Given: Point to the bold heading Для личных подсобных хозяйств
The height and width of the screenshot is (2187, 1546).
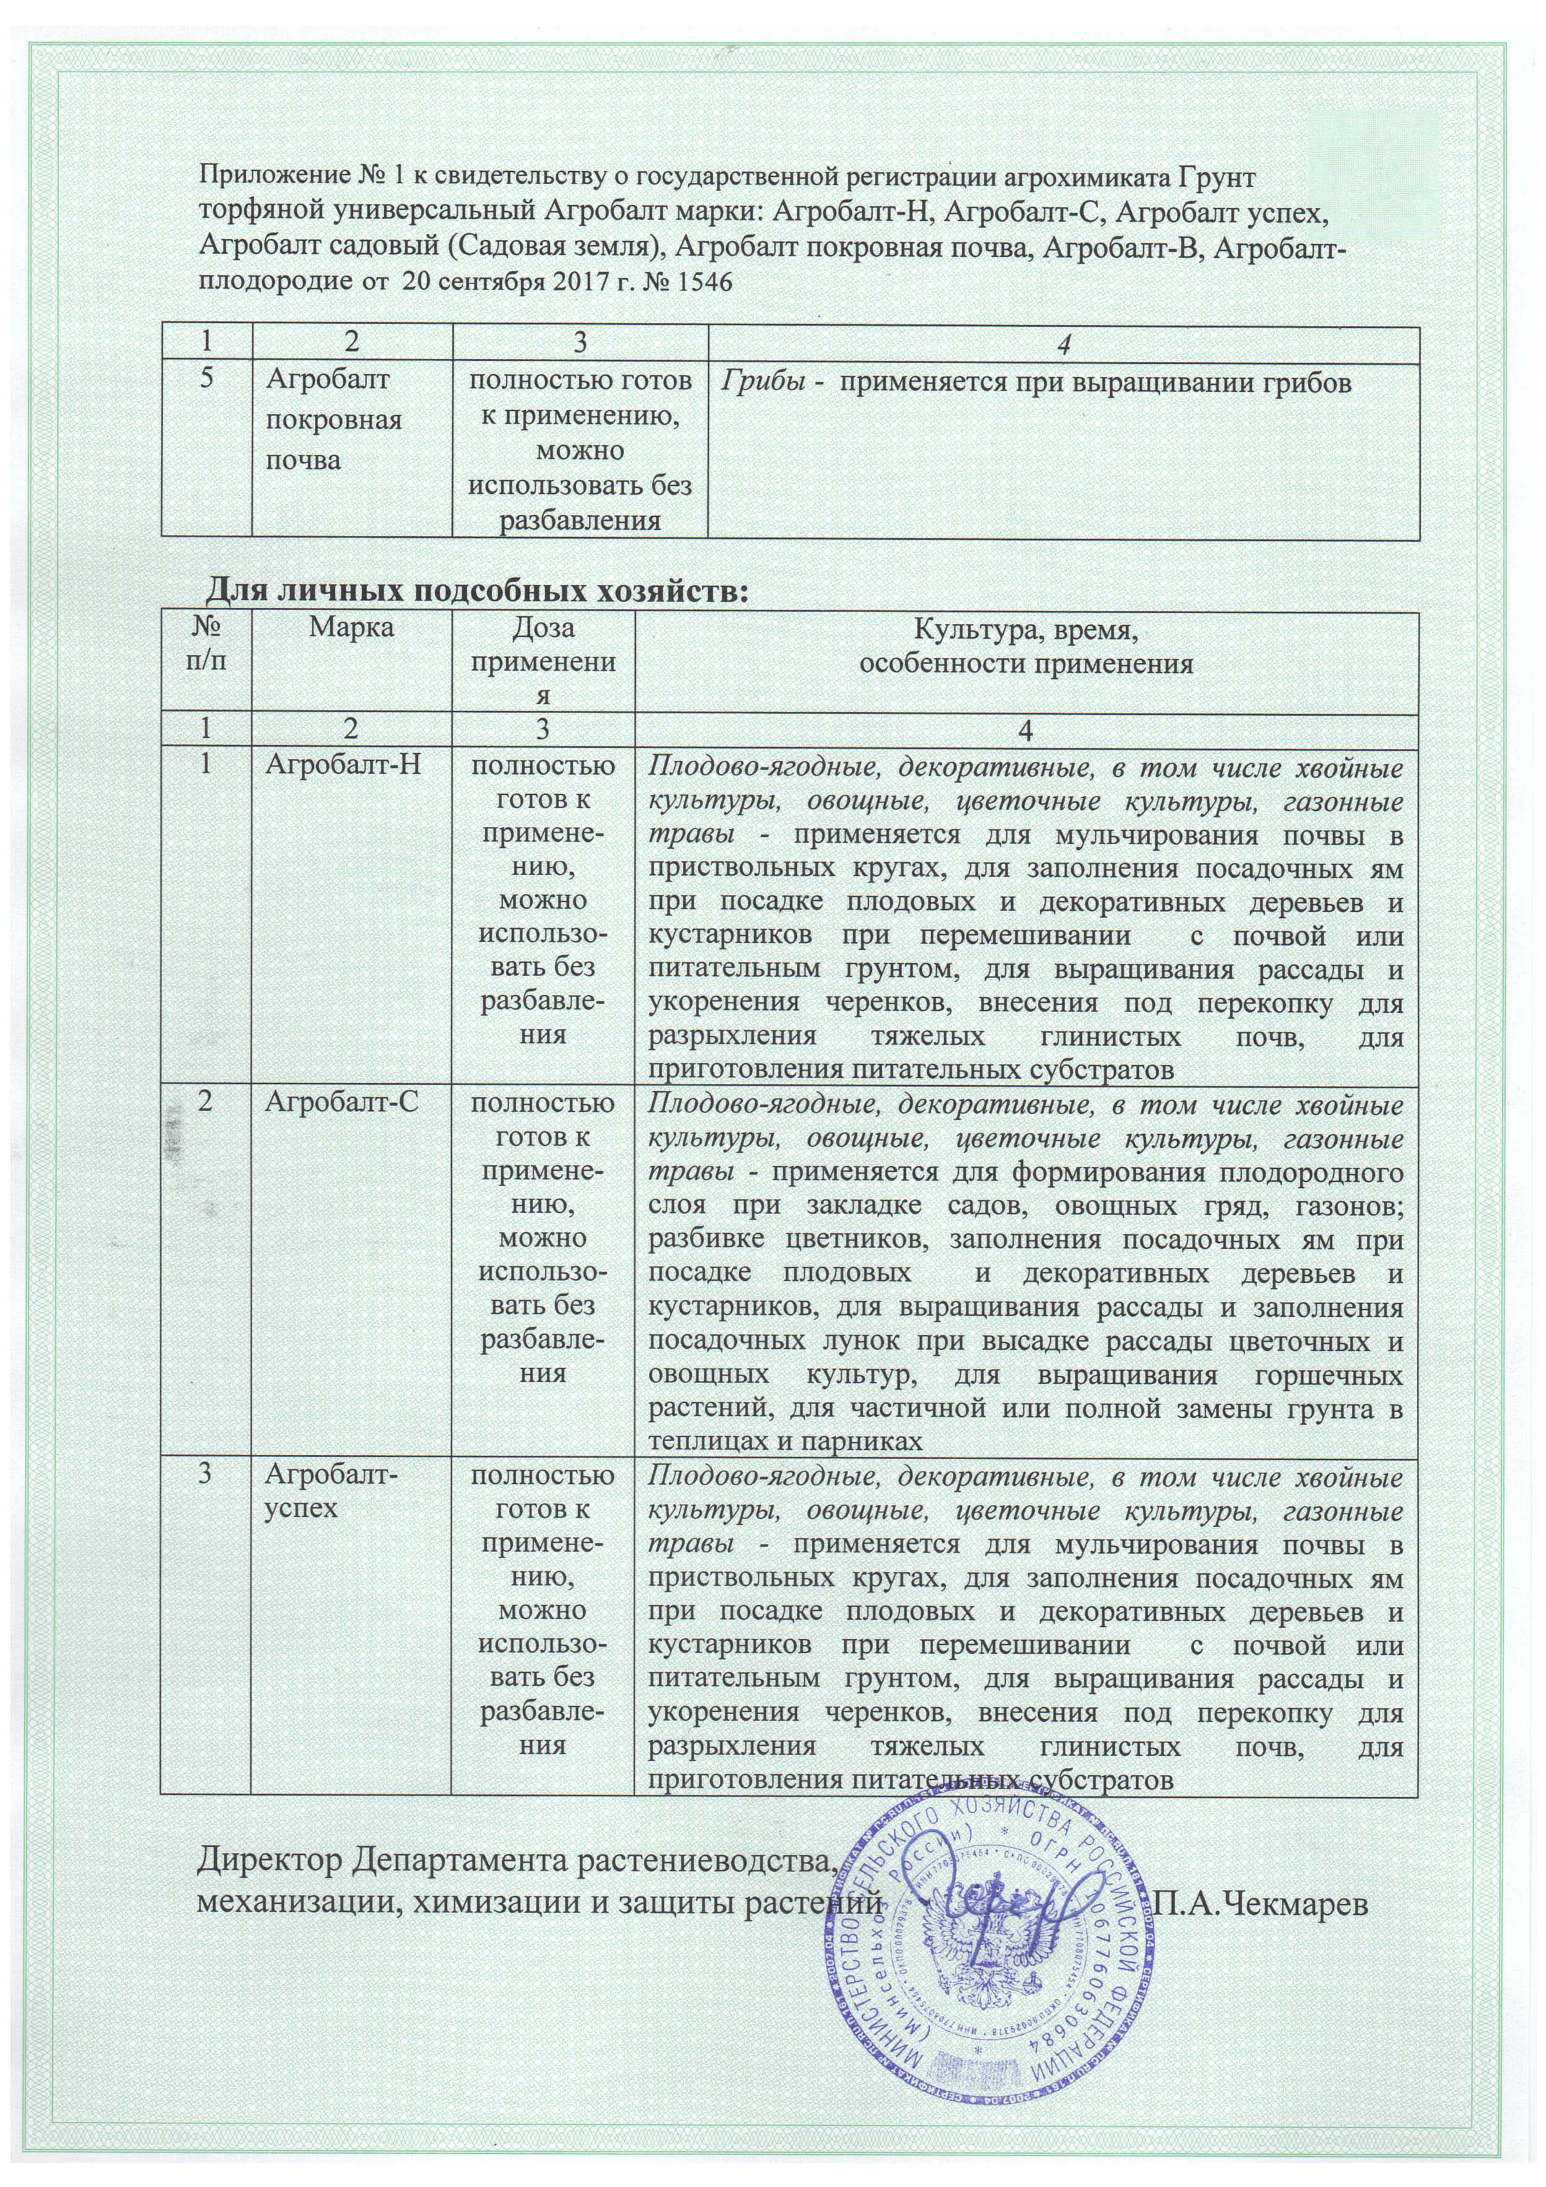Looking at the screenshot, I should click(x=478, y=591).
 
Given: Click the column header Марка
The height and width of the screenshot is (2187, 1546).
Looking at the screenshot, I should click(x=351, y=628).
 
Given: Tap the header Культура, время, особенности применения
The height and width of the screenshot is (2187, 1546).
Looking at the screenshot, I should click(x=1026, y=646).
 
